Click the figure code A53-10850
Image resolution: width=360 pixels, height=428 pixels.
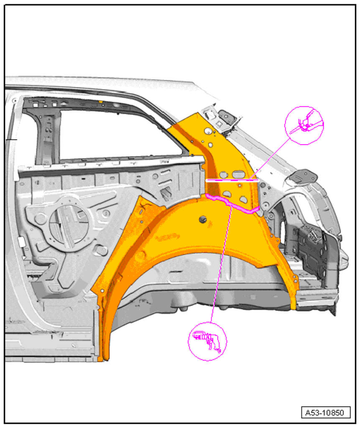pos(324,413)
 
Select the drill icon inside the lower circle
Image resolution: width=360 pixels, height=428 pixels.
pos(207,341)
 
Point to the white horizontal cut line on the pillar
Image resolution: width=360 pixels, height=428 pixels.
pos(232,180)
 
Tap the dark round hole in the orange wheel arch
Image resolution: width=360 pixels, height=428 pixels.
pos(204,219)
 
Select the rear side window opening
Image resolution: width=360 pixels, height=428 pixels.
pos(121,134)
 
